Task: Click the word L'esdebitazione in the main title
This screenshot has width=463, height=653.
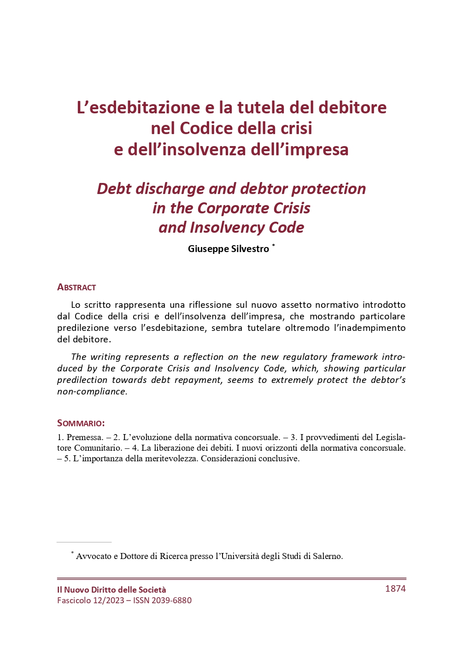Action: point(138,107)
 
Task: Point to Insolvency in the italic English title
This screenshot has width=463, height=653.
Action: point(227,228)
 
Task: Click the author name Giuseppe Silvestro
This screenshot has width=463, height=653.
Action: point(228,249)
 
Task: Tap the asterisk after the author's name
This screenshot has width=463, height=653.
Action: point(274,246)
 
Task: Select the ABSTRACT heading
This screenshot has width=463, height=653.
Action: point(76,288)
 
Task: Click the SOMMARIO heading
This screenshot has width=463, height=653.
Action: point(81,423)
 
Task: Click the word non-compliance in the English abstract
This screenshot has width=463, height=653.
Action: point(92,392)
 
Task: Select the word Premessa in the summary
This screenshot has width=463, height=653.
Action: point(85,437)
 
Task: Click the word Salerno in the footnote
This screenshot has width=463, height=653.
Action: point(328,556)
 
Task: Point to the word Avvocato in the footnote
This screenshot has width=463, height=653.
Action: point(94,556)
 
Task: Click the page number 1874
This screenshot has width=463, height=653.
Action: point(395,588)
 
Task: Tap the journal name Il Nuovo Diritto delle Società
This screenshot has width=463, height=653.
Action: point(111,590)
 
